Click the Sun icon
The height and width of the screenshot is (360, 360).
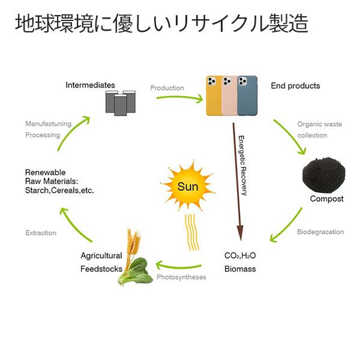[x=187, y=186]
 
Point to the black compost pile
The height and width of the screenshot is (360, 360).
[x=325, y=175]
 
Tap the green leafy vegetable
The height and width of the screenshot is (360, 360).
[x=137, y=271]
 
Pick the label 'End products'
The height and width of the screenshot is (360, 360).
[x=295, y=86]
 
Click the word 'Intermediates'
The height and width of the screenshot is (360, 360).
[x=90, y=85]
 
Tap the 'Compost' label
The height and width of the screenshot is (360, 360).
[x=326, y=199]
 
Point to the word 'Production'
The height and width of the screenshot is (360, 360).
[x=167, y=88]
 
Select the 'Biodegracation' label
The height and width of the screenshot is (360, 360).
[x=320, y=232]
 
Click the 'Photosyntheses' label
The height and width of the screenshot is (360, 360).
[x=181, y=277]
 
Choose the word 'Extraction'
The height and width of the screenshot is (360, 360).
[x=41, y=233]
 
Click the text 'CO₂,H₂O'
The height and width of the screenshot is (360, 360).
[x=240, y=256]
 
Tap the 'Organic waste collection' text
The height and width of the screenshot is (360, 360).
[x=320, y=130]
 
